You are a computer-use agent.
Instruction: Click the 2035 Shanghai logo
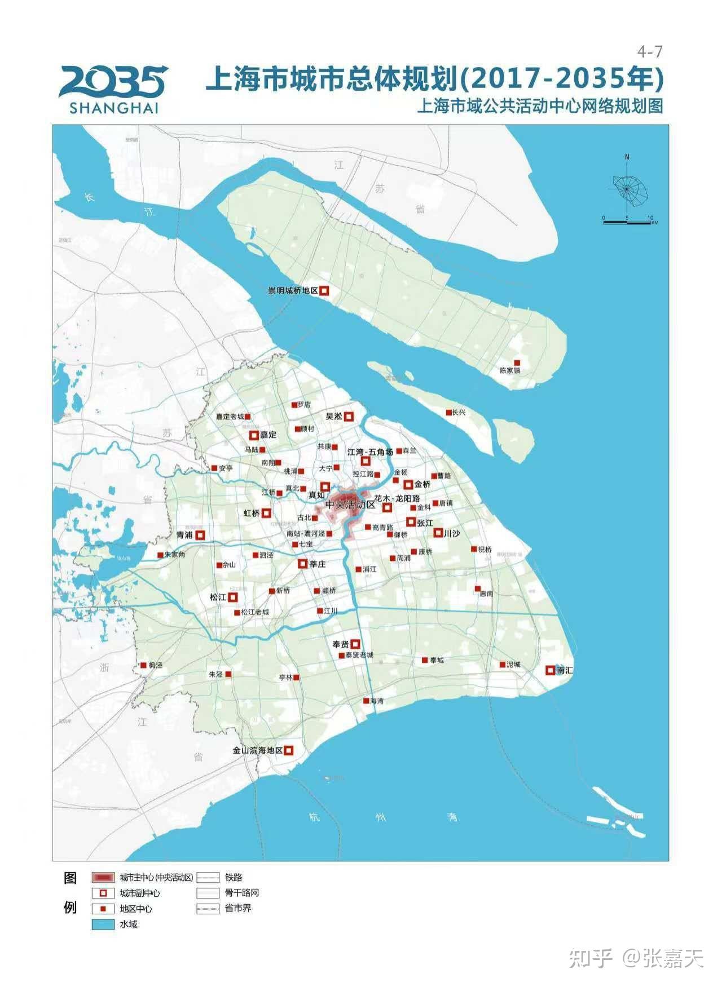113,89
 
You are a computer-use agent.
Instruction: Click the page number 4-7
649,52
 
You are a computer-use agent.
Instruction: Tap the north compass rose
628,186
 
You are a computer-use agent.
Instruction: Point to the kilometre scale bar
627,222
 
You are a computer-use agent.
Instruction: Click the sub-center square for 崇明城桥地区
324,291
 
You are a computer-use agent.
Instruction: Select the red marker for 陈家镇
516,362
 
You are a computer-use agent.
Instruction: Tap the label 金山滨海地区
257,750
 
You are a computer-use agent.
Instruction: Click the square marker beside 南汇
550,670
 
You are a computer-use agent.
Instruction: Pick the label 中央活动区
350,504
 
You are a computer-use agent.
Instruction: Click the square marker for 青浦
200,535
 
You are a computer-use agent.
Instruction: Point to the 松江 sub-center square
232,597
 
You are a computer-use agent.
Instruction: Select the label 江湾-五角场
370,452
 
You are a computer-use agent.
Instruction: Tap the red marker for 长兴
449,413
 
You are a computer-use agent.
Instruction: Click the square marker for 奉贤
355,644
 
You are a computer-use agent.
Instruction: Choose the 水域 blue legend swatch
103,924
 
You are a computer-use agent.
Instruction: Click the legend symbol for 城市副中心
103,893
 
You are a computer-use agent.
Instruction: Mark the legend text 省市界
238,908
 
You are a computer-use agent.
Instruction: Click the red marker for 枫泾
144,665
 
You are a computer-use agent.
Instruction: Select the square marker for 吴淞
349,417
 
